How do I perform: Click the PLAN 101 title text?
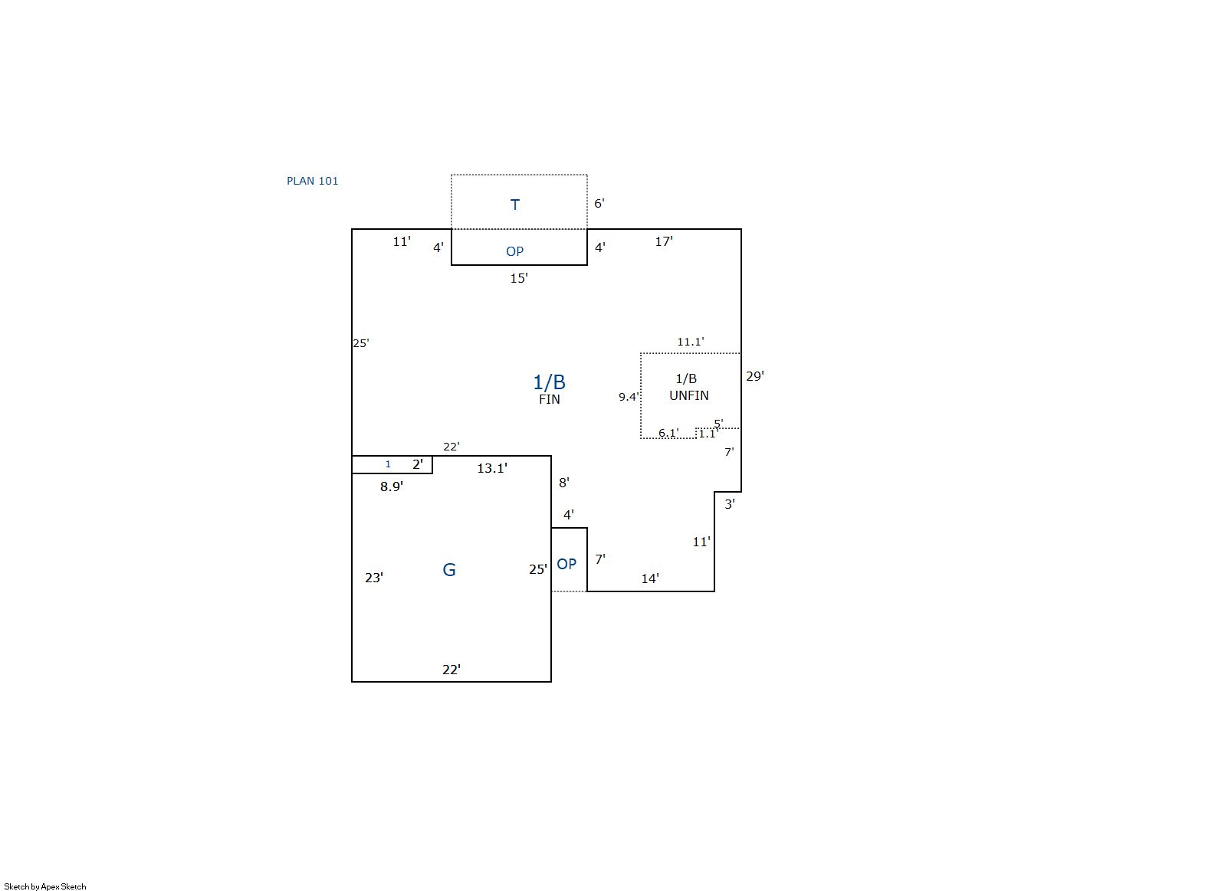[x=313, y=181]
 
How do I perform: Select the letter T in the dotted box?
[x=515, y=205]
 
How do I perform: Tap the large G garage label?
[x=449, y=569]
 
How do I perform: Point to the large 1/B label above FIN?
[x=549, y=382]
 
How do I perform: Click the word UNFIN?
[x=689, y=395]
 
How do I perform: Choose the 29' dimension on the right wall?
[x=755, y=376]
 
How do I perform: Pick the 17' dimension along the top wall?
[x=664, y=242]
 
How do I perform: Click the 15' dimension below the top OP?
[x=519, y=278]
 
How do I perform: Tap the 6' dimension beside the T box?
[x=599, y=203]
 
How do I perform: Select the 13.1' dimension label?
[x=492, y=468]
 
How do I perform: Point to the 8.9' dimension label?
[x=392, y=486]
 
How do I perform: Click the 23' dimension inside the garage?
[x=374, y=578]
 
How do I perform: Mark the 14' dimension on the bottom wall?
[x=650, y=579]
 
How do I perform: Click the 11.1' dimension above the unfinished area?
[x=691, y=342]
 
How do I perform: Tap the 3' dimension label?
[x=730, y=504]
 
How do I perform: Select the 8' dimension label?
[x=564, y=483]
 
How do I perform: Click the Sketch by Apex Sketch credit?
[x=45, y=886]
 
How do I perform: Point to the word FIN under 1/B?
[x=550, y=399]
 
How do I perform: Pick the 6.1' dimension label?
[x=668, y=433]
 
